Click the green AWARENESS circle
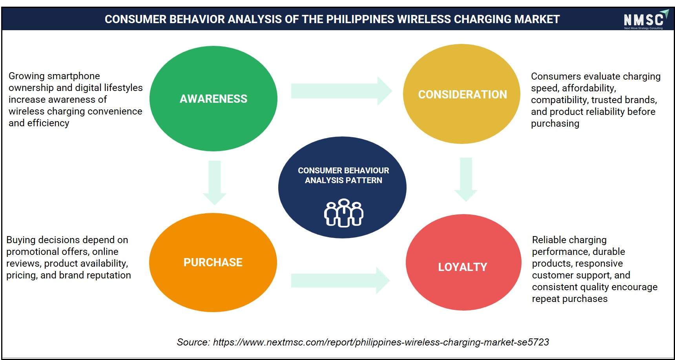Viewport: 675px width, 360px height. (x=213, y=98)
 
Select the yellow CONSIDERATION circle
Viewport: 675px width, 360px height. (x=462, y=94)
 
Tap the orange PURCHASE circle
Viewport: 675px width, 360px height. (x=213, y=262)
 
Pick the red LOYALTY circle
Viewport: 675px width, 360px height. (x=463, y=262)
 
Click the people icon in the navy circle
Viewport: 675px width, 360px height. (x=344, y=213)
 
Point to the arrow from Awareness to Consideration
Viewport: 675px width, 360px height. (x=341, y=91)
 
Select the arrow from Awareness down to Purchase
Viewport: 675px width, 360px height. (x=214, y=183)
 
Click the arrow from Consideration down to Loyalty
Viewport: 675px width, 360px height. (x=466, y=180)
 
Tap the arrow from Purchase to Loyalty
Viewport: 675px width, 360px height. (x=340, y=281)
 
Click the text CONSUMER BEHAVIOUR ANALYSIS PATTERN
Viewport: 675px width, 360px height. (x=343, y=175)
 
